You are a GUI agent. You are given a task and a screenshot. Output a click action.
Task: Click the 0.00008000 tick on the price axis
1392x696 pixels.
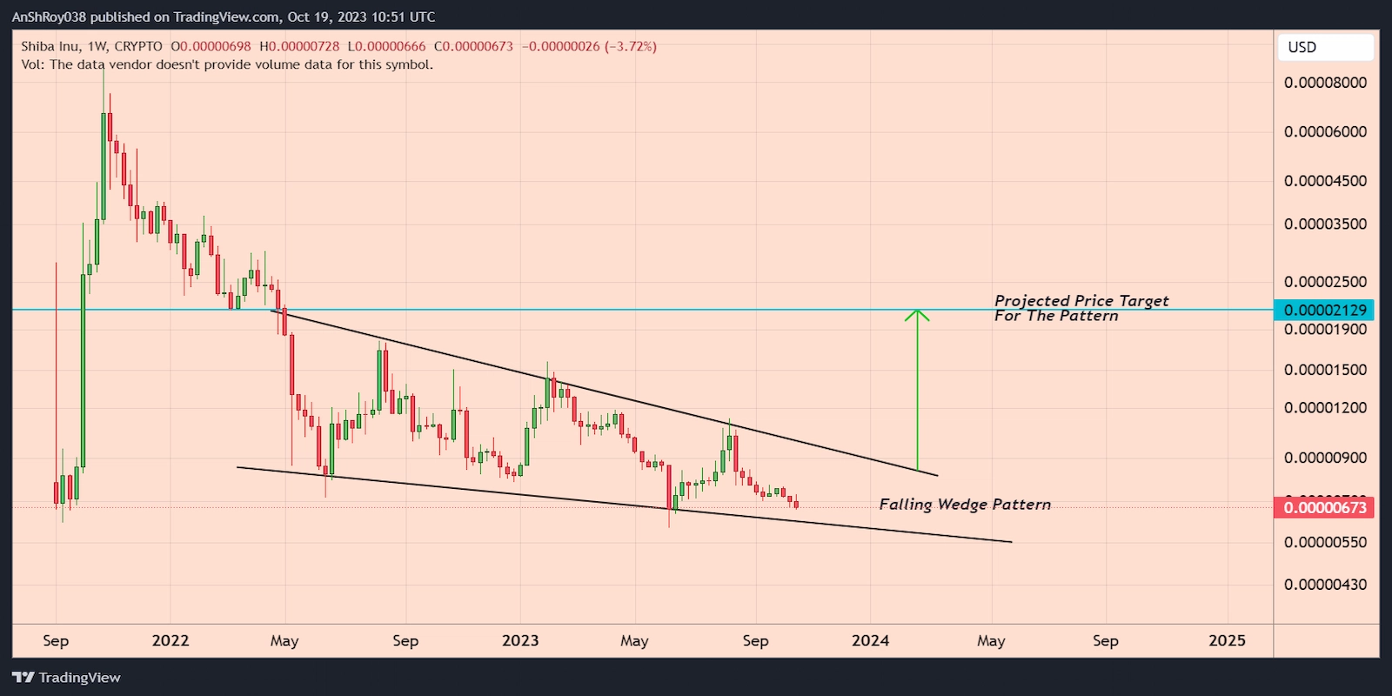(x=1325, y=83)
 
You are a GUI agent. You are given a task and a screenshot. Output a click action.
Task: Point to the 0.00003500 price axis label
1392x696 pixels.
(x=1325, y=224)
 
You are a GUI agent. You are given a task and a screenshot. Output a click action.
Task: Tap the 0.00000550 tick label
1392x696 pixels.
(x=1325, y=542)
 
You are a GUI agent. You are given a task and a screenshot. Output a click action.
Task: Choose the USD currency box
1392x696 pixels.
(x=1325, y=47)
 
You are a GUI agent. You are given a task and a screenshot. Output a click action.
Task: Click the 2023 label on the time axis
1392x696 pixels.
(x=520, y=640)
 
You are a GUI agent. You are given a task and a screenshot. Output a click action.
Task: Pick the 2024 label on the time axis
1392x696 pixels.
(x=870, y=640)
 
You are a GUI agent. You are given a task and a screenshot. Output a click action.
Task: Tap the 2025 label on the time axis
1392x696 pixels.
(x=1227, y=640)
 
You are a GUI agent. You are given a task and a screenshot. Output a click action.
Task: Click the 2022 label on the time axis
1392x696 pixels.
(x=170, y=640)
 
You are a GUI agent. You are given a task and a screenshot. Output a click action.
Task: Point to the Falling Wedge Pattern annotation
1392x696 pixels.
(x=965, y=505)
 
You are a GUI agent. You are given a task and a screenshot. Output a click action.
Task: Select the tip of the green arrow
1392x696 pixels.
(x=917, y=311)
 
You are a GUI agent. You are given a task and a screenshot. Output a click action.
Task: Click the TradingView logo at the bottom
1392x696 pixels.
(x=67, y=678)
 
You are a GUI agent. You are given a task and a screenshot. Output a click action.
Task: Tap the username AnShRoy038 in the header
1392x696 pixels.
(x=49, y=17)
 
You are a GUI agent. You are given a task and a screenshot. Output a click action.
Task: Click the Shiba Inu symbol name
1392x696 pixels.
(x=50, y=46)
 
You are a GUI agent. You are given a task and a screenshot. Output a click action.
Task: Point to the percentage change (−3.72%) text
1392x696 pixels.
(x=631, y=46)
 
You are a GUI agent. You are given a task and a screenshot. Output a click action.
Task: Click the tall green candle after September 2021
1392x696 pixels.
(x=84, y=365)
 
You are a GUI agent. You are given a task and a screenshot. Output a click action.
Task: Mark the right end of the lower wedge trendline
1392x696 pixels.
(x=1011, y=542)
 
